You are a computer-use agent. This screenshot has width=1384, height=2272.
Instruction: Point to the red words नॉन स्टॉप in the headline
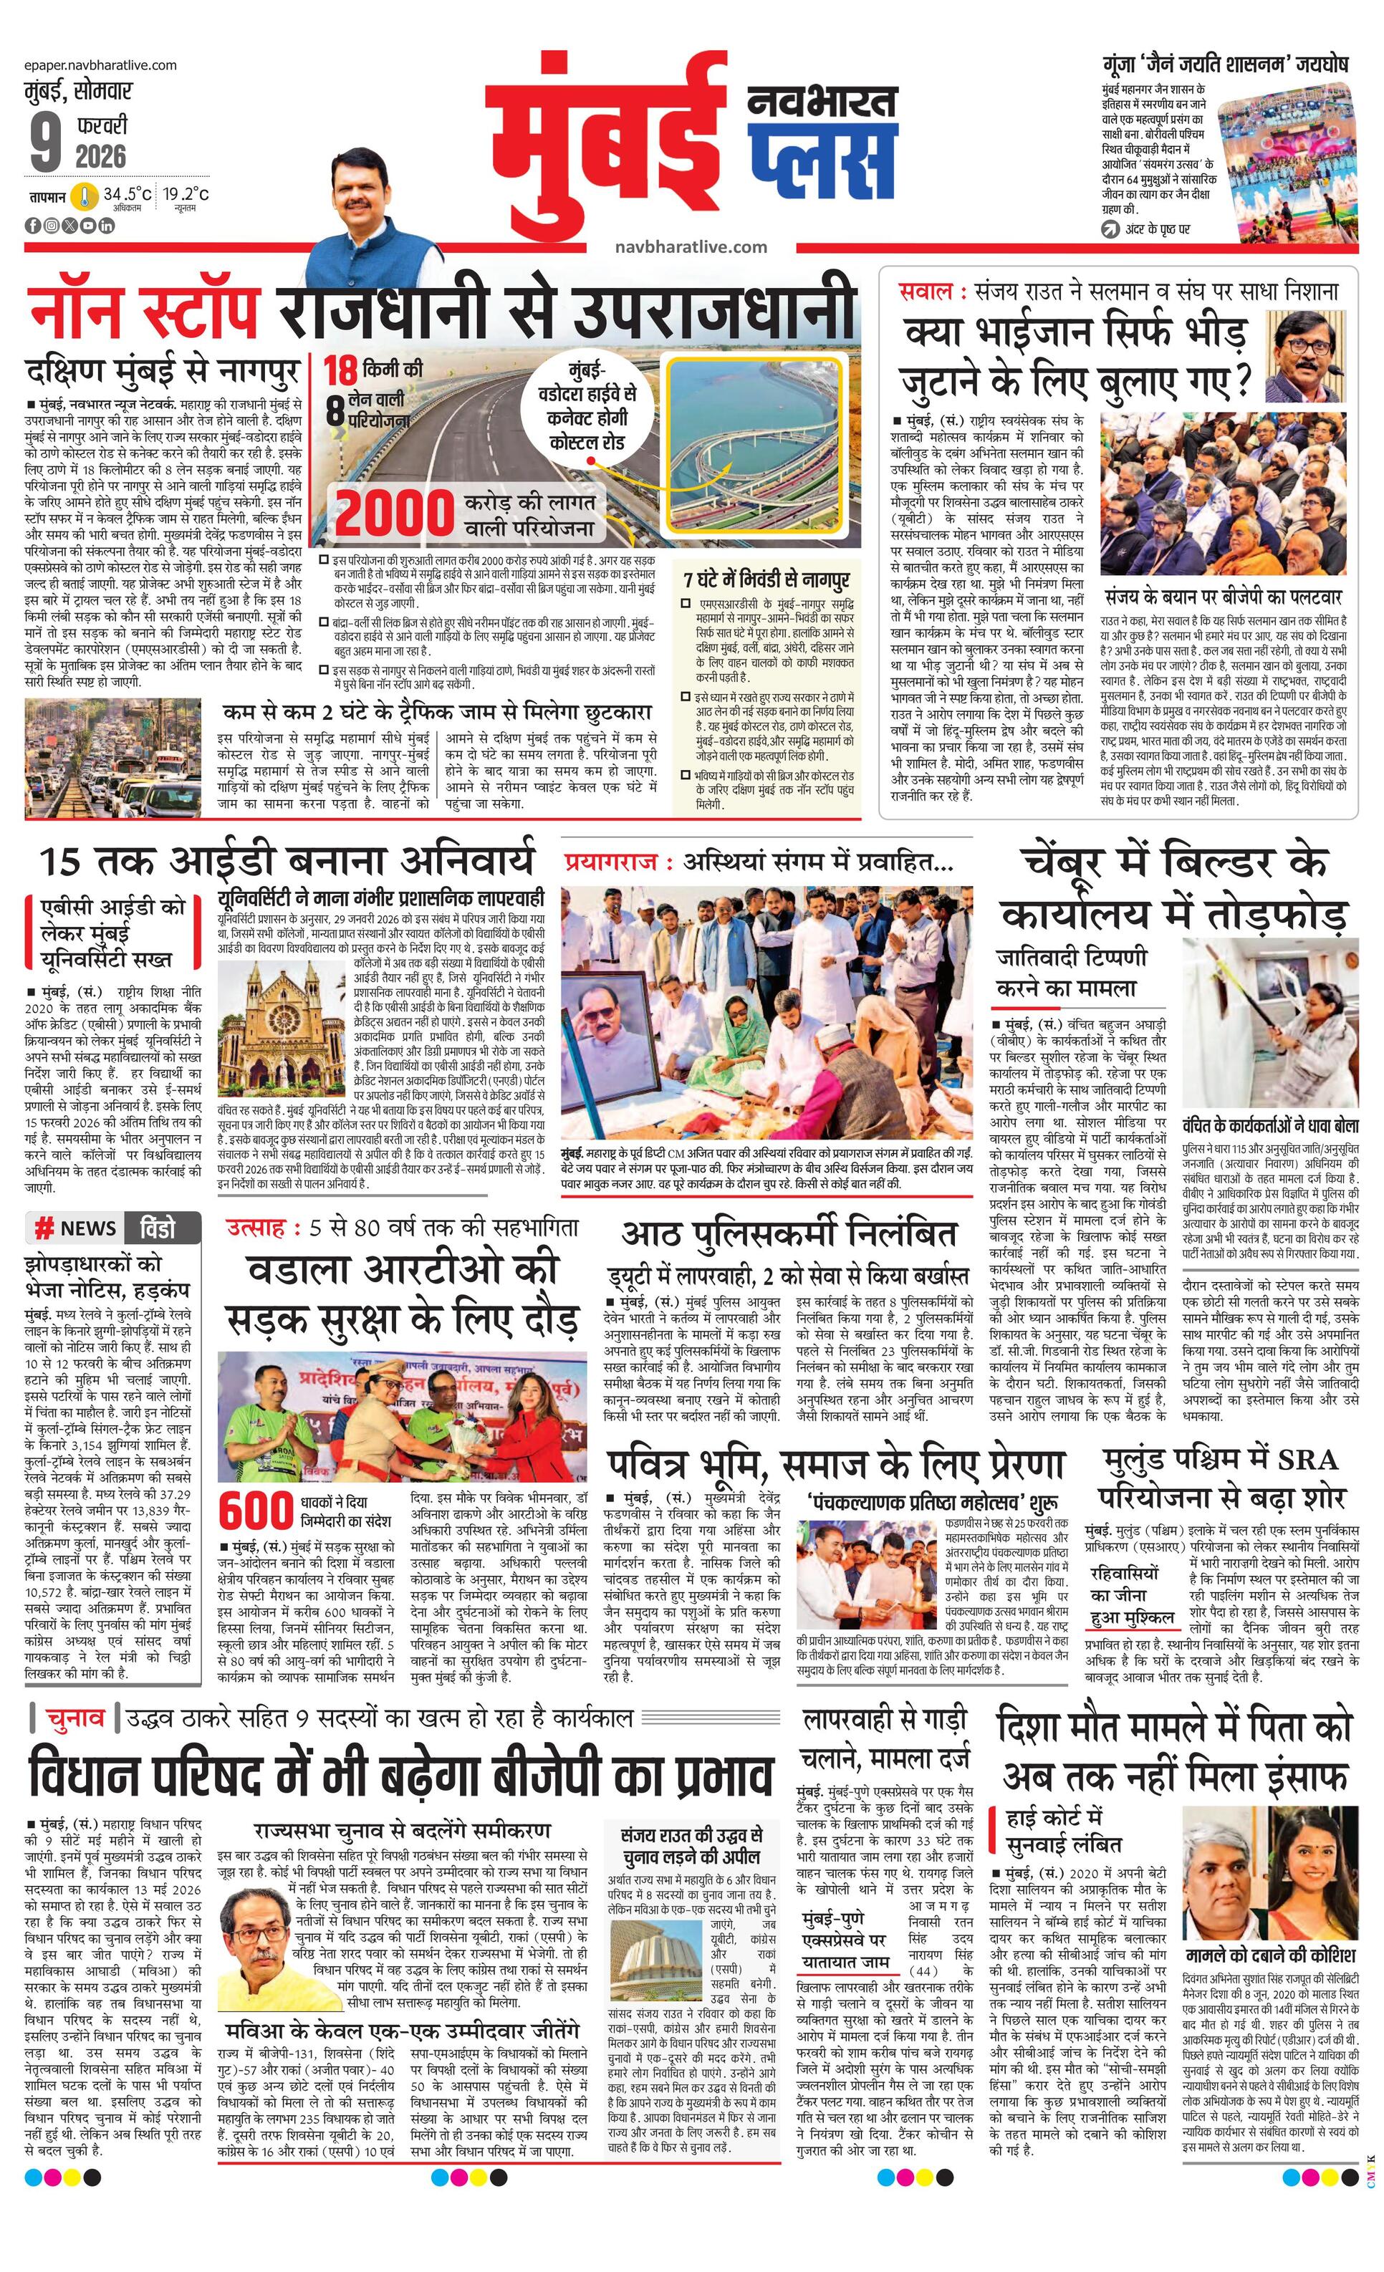[143, 311]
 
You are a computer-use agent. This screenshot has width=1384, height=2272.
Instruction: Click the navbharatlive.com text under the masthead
[691, 246]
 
